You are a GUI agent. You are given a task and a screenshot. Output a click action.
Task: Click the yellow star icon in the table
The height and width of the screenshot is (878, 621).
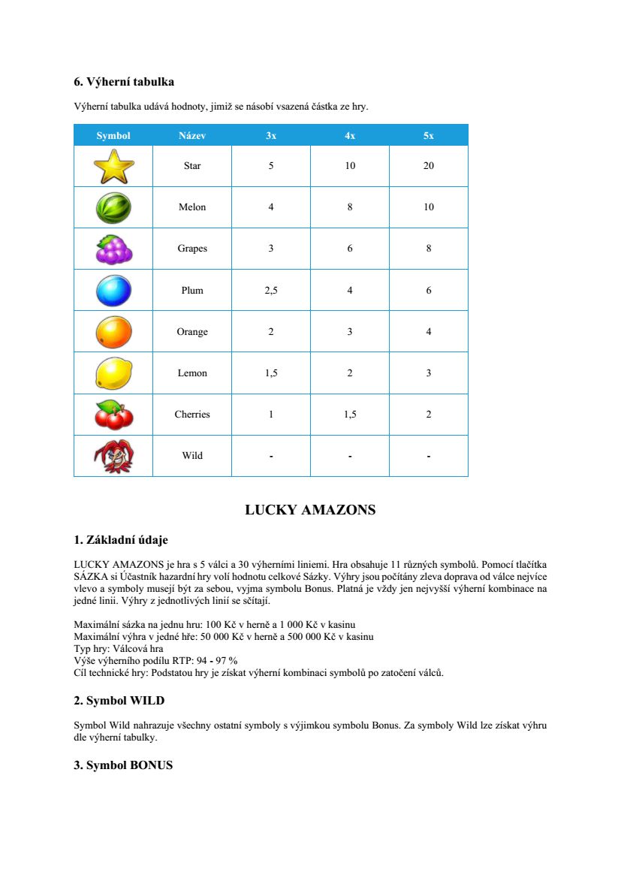point(113,167)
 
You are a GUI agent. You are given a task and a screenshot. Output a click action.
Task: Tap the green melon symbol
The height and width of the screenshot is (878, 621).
point(113,207)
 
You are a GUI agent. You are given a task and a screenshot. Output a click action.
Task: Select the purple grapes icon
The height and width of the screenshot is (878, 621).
point(113,249)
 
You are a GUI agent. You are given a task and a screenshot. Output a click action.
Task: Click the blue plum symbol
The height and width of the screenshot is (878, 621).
point(113,291)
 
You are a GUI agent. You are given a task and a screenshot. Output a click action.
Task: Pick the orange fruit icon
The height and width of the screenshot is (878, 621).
point(113,332)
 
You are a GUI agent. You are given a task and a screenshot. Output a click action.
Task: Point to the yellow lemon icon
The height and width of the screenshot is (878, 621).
point(113,373)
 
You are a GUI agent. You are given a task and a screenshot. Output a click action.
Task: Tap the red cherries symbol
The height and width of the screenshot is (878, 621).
point(113,415)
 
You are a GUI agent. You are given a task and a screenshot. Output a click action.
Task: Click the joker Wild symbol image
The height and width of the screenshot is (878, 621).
point(113,456)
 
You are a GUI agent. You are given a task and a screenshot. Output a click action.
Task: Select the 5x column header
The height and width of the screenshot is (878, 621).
point(428,136)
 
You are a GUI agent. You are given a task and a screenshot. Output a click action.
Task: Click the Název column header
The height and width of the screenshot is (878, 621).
point(192,136)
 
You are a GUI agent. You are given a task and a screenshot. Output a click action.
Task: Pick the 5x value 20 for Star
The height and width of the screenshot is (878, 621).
point(428,166)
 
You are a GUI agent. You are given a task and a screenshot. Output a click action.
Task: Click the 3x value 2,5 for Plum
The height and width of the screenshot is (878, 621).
point(271,291)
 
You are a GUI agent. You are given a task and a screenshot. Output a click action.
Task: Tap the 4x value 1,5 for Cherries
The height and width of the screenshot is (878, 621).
point(350,415)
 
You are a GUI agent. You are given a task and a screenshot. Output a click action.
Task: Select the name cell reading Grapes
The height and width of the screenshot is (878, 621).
point(192,249)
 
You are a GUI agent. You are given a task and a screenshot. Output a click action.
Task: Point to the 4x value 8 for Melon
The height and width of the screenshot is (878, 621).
point(350,207)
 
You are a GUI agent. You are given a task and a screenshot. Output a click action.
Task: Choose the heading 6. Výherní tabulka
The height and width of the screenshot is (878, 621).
point(124,82)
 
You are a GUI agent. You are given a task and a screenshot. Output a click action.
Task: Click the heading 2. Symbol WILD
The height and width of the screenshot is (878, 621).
point(119,701)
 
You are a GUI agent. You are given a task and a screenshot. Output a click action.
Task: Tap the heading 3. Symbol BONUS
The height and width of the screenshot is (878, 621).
point(123,765)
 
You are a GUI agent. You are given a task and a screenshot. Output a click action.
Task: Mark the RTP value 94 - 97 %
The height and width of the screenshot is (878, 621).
point(218,661)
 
